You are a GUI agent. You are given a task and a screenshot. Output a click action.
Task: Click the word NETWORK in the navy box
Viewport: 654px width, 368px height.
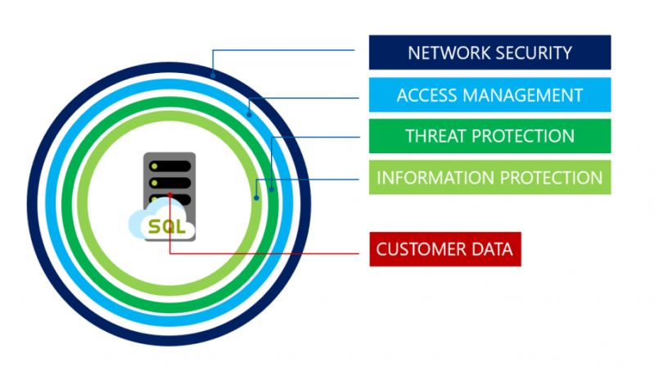tap(448, 53)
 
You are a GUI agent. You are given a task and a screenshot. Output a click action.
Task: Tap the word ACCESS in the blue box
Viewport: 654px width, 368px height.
tap(423, 95)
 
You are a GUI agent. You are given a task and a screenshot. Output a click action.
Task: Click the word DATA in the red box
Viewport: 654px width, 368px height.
tap(490, 249)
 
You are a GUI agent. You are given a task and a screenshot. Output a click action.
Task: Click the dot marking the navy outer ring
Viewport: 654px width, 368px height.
tap(213, 75)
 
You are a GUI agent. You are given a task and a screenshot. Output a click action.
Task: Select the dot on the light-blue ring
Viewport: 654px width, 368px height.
tap(249, 104)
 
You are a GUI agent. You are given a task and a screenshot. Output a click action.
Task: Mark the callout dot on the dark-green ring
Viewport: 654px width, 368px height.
tap(271, 190)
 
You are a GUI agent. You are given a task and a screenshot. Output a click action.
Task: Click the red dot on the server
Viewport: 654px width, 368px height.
tap(169, 195)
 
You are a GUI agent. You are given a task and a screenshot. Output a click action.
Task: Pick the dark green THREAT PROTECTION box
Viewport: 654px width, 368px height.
tap(489, 136)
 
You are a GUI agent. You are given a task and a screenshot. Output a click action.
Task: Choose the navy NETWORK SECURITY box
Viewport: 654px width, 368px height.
tap(489, 52)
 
